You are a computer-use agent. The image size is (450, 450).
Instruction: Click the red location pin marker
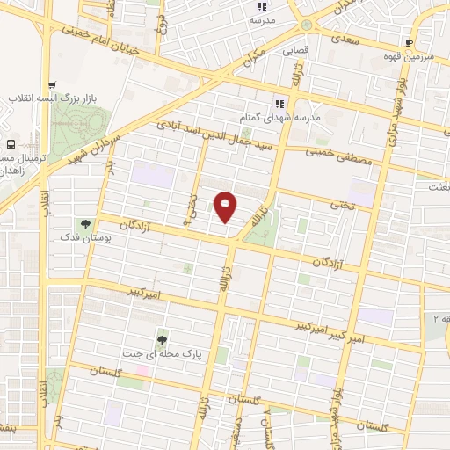point(226,207)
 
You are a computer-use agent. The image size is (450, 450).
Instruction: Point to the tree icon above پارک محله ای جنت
point(162,338)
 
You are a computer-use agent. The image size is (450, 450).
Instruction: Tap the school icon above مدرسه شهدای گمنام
point(282,102)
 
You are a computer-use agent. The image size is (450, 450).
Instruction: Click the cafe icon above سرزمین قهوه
point(409,42)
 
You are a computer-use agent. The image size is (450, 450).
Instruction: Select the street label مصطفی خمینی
point(340,156)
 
